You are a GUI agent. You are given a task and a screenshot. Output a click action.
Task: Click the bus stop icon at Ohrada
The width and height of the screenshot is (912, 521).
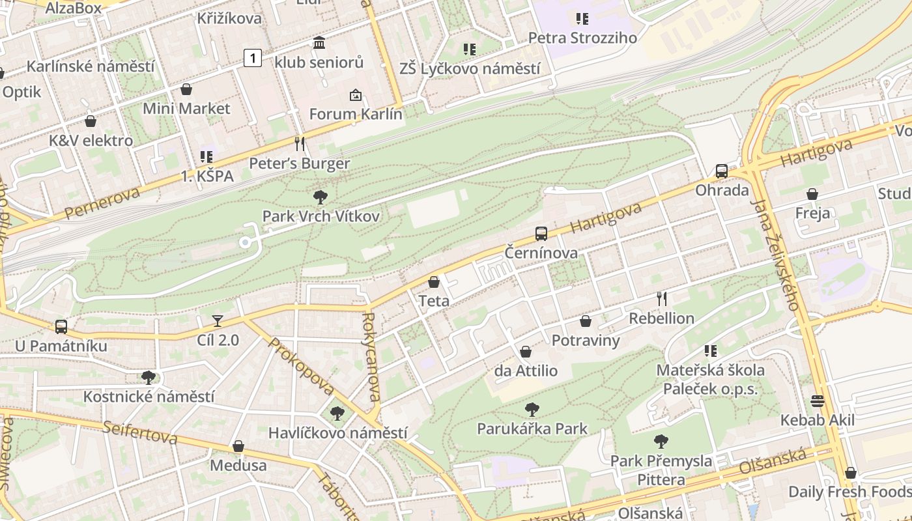point(722,171)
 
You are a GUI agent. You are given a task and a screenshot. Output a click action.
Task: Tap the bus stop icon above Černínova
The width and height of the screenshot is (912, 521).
point(541,233)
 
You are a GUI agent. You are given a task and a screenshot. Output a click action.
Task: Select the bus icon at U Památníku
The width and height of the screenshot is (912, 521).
point(61,326)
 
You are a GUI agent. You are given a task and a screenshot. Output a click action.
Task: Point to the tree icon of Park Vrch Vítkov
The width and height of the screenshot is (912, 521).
point(320,197)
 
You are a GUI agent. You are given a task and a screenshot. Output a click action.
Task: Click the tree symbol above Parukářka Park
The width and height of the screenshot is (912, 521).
point(532,410)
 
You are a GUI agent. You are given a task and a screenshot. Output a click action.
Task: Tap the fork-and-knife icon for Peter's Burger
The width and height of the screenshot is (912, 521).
point(300,144)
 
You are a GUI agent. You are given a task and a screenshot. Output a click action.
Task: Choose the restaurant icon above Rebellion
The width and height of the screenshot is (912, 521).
point(662,298)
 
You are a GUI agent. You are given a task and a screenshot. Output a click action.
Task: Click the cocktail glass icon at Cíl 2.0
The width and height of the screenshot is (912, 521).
point(218,321)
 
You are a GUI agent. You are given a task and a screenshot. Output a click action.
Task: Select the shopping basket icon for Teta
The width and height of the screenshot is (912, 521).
point(434,282)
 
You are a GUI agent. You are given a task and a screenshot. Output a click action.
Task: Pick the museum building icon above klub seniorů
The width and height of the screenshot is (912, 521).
point(319,43)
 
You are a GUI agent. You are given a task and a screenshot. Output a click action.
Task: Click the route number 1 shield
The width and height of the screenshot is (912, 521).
point(253,58)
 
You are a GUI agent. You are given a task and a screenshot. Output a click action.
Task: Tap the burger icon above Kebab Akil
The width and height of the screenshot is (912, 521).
point(818,401)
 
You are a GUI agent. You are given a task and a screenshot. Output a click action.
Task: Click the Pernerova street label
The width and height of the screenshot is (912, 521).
point(102,203)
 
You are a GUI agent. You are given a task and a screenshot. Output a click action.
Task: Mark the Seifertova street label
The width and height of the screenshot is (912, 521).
point(139,432)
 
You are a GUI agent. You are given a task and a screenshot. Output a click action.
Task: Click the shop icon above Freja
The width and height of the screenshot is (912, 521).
point(812,194)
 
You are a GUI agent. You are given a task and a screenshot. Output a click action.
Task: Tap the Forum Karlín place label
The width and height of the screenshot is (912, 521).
point(356,114)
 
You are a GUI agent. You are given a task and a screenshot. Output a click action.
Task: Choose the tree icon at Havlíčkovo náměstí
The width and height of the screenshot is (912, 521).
point(337,413)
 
